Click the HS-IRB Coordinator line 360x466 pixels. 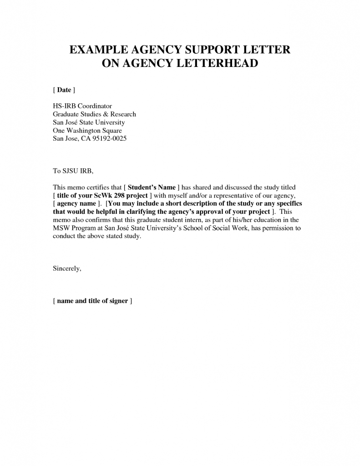click(82, 106)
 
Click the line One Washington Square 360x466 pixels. click(87, 130)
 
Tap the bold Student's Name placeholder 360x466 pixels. click(152, 187)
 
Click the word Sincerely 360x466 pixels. click(67, 268)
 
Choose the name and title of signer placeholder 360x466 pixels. click(92, 301)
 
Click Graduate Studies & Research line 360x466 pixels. click(94, 114)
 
